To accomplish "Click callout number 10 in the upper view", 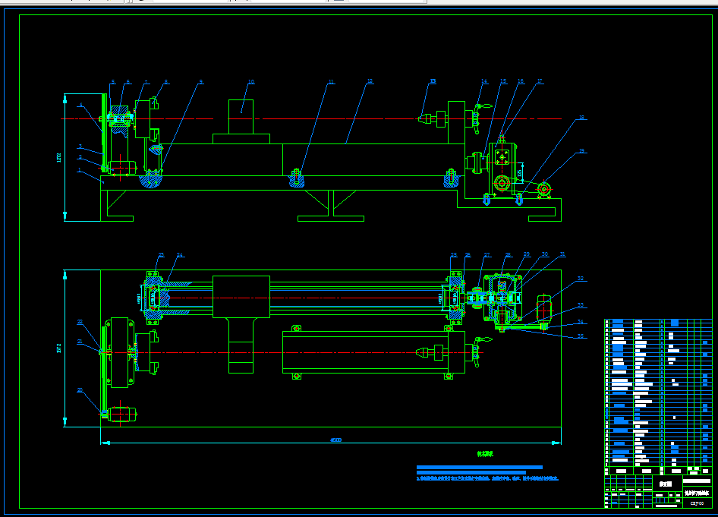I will point(250,81).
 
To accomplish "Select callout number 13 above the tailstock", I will point(433,81).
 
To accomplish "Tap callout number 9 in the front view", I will point(201,81).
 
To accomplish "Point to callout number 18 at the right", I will point(581,118).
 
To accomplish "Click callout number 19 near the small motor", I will point(581,151).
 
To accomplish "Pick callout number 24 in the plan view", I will point(181,254).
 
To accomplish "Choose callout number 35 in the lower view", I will point(581,335).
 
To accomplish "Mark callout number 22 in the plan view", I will point(80,390).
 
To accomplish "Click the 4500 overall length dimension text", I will point(335,440).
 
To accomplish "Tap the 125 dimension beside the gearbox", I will point(519,174).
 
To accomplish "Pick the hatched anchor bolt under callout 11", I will point(296,180).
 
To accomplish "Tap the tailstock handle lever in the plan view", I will point(477,351).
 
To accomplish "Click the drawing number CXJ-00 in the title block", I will point(697,503).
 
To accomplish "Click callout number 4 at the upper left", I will point(80,104).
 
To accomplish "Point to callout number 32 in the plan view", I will point(581,279).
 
